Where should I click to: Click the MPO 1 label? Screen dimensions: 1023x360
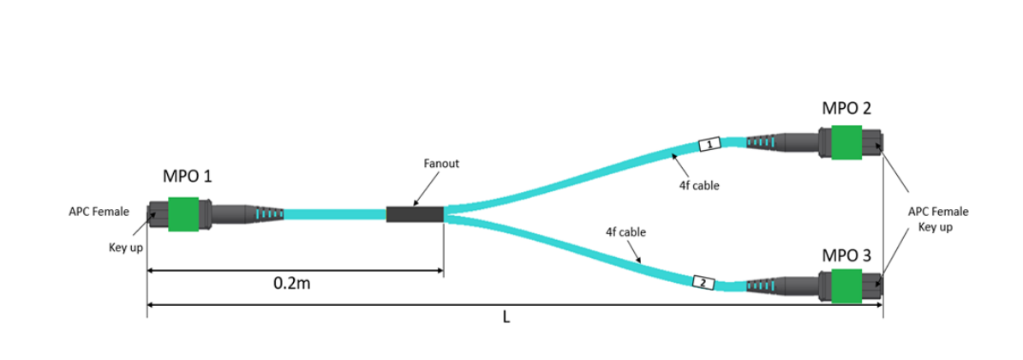187,176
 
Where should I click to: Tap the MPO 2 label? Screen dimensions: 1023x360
847,108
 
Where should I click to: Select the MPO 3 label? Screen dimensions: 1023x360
846,255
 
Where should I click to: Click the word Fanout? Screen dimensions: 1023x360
442,164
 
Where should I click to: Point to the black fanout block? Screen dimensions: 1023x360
415,214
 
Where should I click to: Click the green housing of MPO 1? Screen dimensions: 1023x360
183,214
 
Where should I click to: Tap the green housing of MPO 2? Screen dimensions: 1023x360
847,143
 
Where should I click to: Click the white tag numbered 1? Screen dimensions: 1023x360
709,143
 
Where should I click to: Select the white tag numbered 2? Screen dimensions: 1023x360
703,283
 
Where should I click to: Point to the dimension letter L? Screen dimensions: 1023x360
506,317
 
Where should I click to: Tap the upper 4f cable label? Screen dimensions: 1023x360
698,186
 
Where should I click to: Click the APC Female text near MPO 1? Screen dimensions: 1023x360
99,212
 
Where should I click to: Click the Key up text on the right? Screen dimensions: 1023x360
935,227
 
